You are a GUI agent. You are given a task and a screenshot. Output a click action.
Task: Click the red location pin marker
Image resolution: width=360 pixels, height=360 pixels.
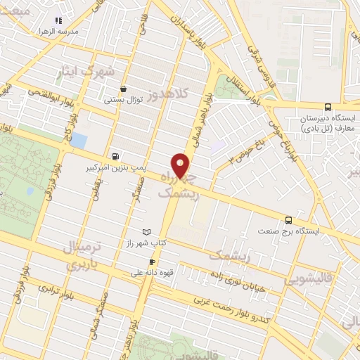(181, 166)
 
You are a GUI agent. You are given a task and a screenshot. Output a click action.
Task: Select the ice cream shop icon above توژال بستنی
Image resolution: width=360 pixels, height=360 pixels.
(124, 89)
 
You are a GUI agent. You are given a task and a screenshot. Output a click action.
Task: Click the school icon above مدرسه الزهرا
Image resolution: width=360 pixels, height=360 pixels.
(58, 21)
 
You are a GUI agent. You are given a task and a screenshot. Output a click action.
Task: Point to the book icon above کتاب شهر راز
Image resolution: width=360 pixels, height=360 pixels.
(146, 232)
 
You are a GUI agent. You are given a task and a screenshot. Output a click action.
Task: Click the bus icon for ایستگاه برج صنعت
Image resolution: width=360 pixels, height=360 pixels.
(289, 220)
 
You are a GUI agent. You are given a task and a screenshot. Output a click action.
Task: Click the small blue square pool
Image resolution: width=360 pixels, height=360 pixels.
(79, 140)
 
